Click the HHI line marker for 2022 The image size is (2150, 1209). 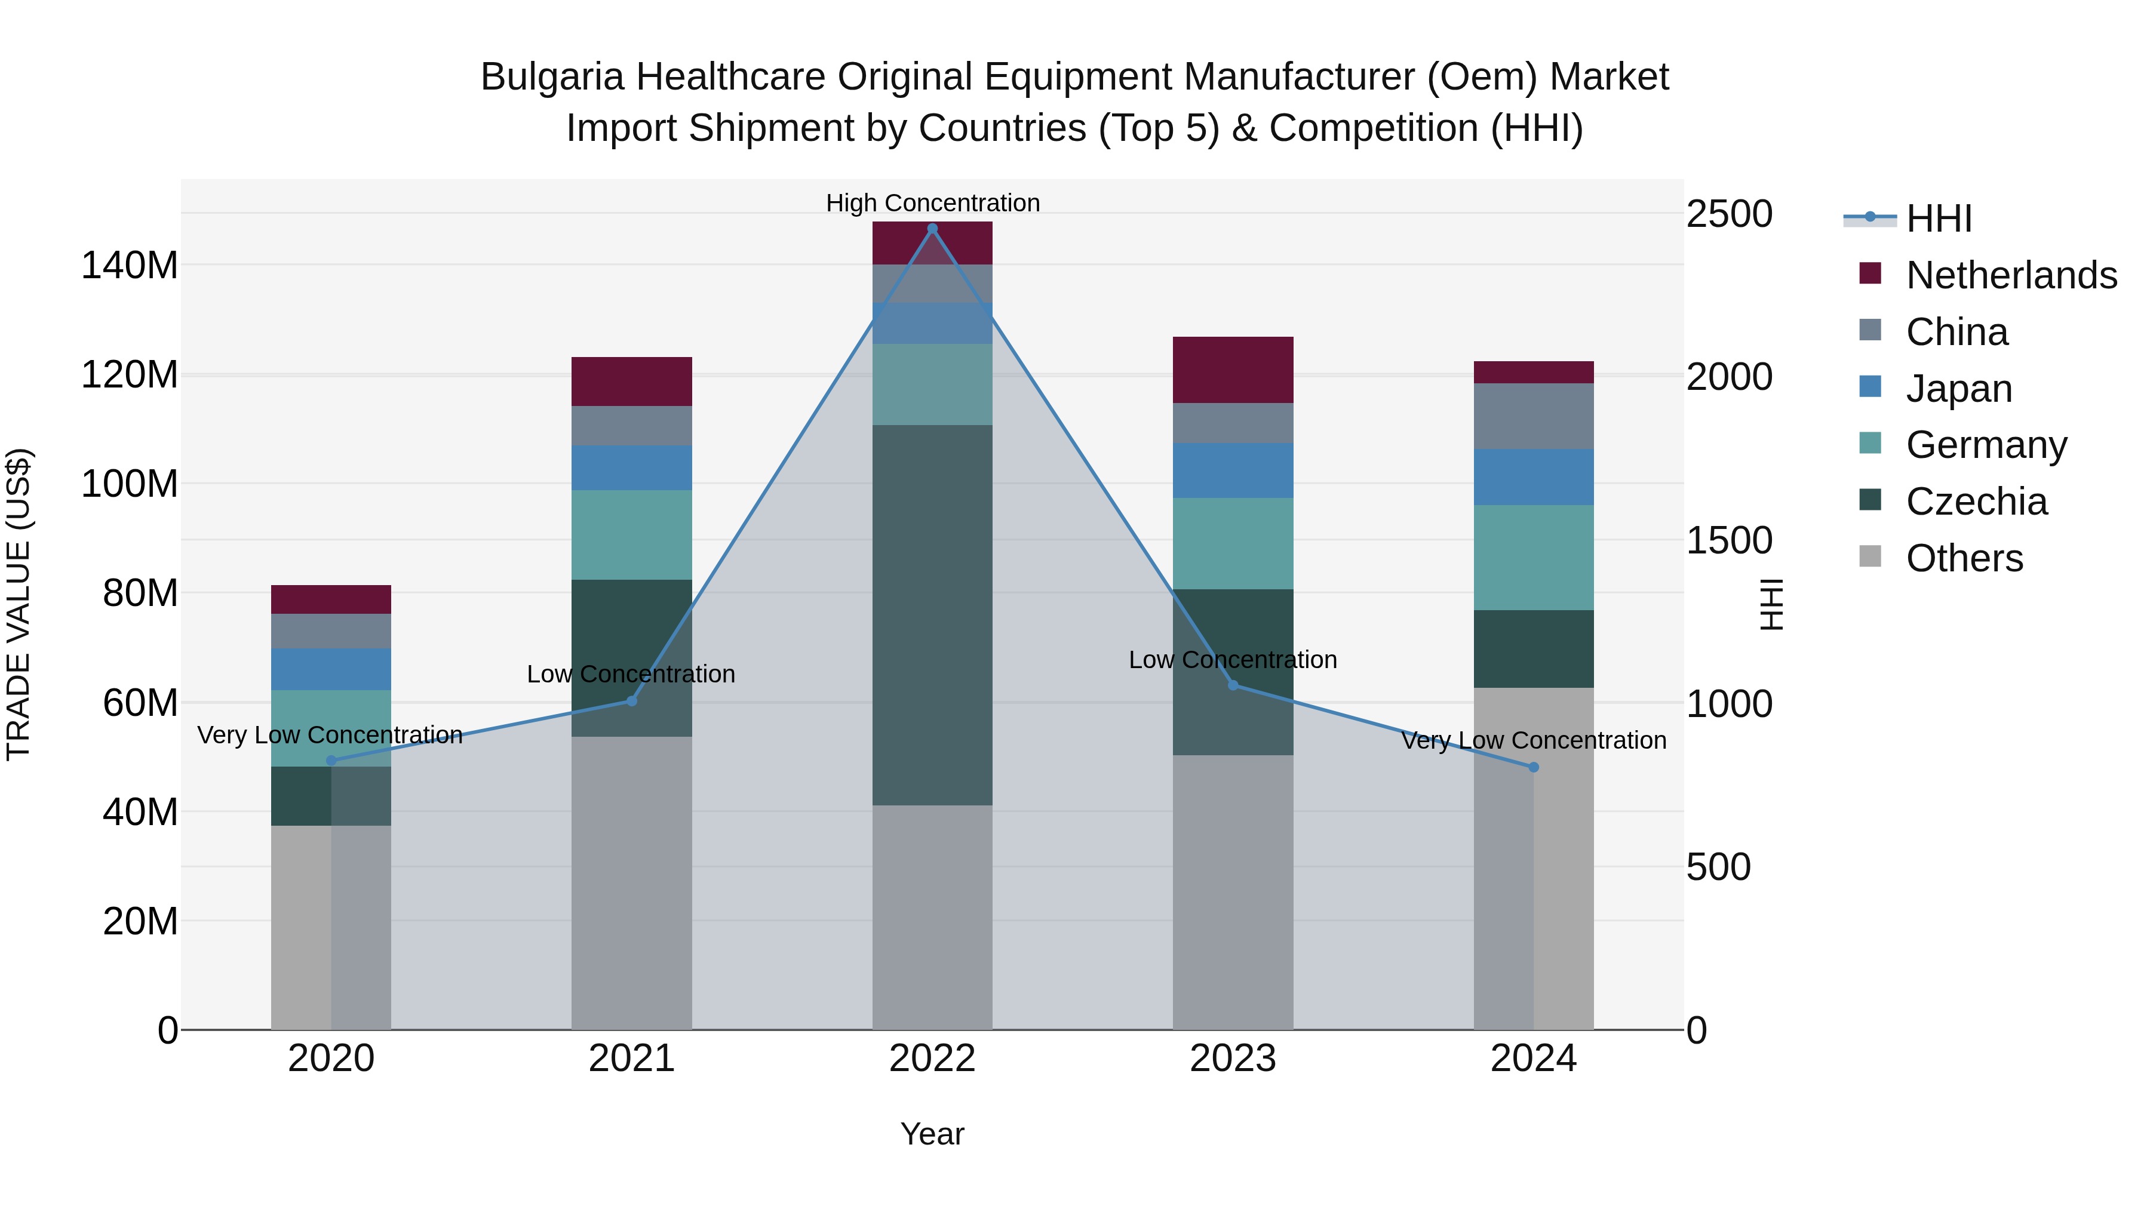pos(932,229)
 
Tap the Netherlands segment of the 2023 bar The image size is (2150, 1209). pos(1233,370)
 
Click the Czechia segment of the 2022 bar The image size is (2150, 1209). pos(932,615)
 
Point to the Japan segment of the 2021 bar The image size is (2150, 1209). pos(632,467)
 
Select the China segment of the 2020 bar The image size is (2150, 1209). pos(331,631)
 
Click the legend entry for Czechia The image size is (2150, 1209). pos(1976,502)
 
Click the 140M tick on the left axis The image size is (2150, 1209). pos(130,265)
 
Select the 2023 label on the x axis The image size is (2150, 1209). pos(1233,1059)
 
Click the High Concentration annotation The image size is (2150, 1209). pos(932,203)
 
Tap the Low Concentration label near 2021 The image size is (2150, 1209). pos(631,674)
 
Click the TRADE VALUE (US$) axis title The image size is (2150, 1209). pos(19,604)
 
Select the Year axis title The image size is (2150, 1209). pos(932,1134)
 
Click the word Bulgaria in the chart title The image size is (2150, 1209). pos(552,77)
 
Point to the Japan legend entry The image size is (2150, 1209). pos(1959,389)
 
